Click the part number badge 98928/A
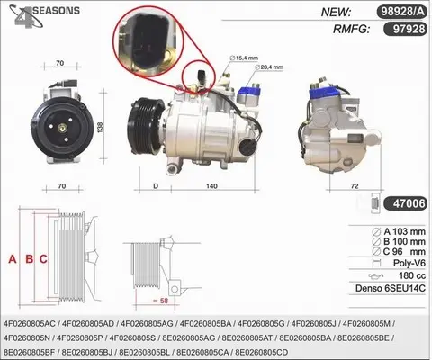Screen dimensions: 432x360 (401, 12)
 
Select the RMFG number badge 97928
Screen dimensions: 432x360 (405, 29)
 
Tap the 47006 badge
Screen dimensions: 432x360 (405, 203)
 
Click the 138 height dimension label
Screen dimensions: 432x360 (100, 127)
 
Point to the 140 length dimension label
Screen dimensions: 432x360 (211, 186)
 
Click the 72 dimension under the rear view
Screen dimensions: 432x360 (355, 186)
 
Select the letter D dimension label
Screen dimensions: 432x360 (156, 186)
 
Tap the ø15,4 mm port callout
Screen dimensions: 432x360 (244, 58)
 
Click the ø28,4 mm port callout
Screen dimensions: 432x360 (269, 67)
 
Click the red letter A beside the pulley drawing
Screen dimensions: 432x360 (13, 258)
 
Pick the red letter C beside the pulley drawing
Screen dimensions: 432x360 (43, 258)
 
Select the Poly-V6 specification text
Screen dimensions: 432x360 (409, 263)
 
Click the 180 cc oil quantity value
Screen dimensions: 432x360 (412, 275)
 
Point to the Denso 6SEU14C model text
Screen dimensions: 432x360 (391, 288)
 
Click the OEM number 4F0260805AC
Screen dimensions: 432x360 (30, 324)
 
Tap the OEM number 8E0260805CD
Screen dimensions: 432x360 (262, 352)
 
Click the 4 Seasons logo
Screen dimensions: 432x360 (44, 15)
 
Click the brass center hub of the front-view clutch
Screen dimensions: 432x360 (62, 129)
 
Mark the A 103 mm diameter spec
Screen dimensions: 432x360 (399, 232)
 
